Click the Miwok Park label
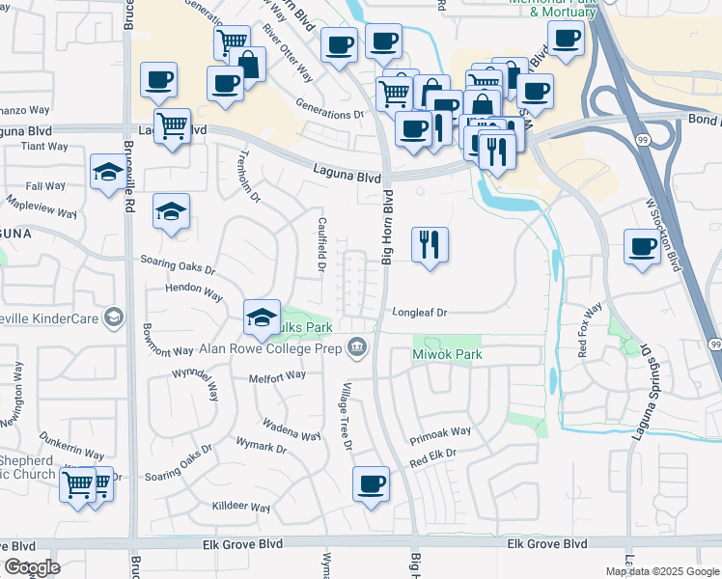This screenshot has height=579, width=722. pyautogui.click(x=447, y=355)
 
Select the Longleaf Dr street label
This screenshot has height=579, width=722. pyautogui.click(x=420, y=313)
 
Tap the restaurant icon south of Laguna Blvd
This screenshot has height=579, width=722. pyautogui.click(x=430, y=245)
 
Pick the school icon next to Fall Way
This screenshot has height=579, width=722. pyautogui.click(x=107, y=174)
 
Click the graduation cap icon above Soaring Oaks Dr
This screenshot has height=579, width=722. pyautogui.click(x=171, y=213)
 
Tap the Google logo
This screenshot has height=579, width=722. pyautogui.click(x=32, y=567)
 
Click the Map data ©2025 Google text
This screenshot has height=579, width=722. pyautogui.click(x=661, y=571)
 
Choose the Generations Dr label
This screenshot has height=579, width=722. pyautogui.click(x=329, y=114)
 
